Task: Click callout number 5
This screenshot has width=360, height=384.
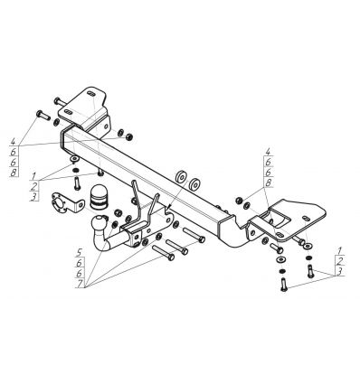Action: [80, 252]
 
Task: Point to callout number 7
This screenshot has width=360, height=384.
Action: [80, 284]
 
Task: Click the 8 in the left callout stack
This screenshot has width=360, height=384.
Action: [14, 173]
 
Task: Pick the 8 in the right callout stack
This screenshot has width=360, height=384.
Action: [268, 183]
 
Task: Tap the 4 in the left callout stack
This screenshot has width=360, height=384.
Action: [13, 141]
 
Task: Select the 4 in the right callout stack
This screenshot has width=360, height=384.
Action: [268, 152]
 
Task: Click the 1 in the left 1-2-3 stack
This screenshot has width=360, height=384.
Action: [33, 175]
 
